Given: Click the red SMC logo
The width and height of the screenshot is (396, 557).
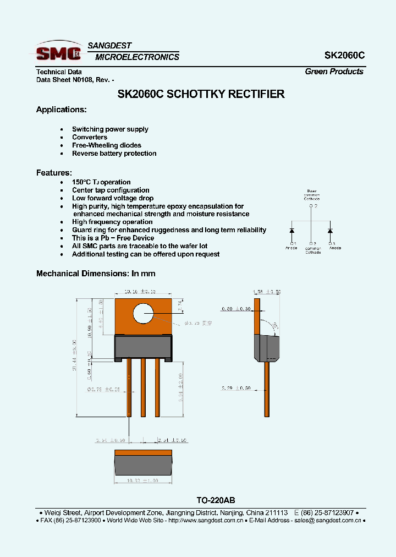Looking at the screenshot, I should [x=59, y=53].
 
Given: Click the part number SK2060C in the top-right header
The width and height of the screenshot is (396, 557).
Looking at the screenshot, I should [x=344, y=56].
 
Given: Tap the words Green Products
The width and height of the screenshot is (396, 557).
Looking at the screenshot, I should [x=334, y=72].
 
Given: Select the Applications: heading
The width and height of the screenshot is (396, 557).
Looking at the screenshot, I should [x=61, y=110].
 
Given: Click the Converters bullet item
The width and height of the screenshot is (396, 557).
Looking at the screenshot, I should [x=90, y=137].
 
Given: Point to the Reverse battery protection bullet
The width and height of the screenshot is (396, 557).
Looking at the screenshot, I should [x=114, y=154].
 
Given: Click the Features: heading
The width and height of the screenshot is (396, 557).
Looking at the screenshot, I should [x=54, y=172].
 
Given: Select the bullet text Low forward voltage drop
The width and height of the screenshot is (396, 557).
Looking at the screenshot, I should [x=113, y=198].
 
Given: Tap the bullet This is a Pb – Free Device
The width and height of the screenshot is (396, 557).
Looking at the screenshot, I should [x=113, y=238].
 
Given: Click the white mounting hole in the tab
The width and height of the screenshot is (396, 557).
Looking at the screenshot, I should [x=144, y=314].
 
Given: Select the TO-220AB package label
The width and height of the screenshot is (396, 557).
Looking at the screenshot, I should [x=216, y=500].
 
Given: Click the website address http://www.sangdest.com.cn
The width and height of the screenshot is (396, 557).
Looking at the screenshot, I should [x=205, y=520].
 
